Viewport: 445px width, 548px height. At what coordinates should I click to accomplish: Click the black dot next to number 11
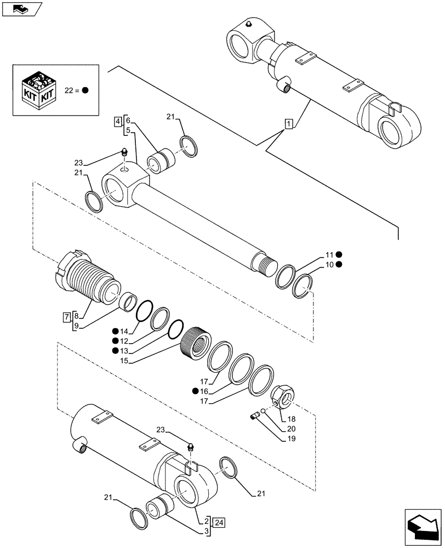(x=340, y=254)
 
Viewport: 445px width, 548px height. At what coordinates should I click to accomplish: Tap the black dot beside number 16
(x=195, y=391)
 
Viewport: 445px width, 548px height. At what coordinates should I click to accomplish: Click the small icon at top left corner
(x=26, y=8)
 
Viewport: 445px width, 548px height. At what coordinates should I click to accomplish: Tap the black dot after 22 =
(x=85, y=90)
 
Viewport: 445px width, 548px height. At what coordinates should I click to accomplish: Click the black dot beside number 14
(x=116, y=330)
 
